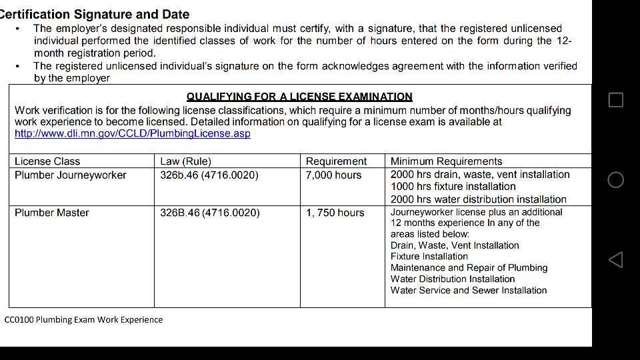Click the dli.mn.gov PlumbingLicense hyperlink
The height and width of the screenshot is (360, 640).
coord(132,133)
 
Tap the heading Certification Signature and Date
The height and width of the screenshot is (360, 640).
coord(95,14)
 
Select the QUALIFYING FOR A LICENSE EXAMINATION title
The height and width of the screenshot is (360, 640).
coord(299,97)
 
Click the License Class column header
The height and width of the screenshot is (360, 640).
coord(47,161)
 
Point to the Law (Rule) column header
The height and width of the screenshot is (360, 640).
coord(185,161)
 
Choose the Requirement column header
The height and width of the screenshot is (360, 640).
coord(336,161)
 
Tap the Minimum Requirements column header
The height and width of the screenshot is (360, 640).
coord(446,161)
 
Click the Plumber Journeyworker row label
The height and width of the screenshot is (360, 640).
coord(71,175)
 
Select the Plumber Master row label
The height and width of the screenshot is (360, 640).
coord(52,213)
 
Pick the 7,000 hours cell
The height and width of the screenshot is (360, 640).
coord(333,175)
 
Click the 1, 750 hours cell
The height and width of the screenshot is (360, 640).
coord(335,213)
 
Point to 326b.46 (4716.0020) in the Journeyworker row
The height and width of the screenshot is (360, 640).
coord(209,175)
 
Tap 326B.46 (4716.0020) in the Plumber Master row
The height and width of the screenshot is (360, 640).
coord(210,213)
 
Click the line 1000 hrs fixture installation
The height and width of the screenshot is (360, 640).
coord(453,187)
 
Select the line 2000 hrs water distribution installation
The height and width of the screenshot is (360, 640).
coord(478,199)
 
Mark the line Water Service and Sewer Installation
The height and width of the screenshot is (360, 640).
coord(468,291)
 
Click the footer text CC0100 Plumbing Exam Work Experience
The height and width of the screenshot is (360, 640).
coord(83,319)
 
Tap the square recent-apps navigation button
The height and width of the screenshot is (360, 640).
coord(616,100)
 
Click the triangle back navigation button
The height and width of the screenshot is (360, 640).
coord(616,260)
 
